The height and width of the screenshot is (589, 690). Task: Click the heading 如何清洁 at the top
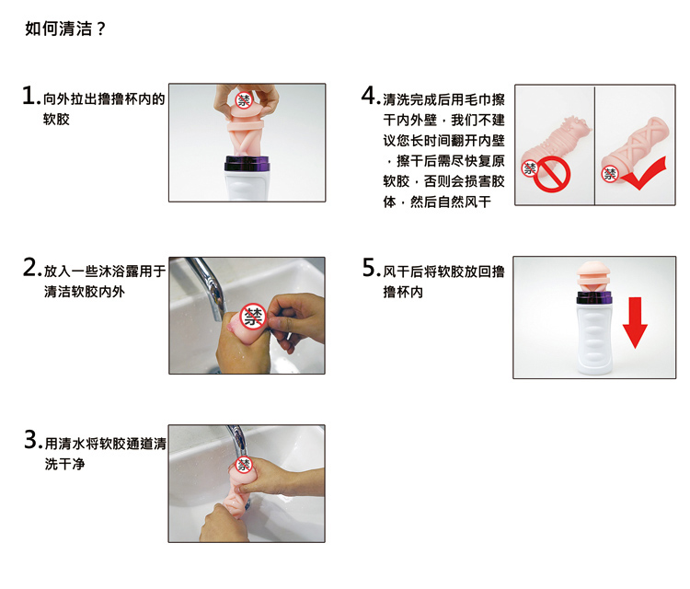[59, 29]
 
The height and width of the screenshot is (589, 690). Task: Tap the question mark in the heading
[101, 29]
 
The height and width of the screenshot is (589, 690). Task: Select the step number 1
[29, 96]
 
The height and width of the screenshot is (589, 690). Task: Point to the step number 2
[30, 267]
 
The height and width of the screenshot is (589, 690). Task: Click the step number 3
[31, 439]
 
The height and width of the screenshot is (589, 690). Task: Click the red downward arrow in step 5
[635, 323]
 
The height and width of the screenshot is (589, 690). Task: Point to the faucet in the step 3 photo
[238, 443]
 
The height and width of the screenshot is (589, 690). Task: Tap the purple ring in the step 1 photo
[247, 164]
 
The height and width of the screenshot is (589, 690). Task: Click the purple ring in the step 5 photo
[594, 298]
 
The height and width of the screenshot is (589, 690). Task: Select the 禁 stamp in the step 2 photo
[253, 317]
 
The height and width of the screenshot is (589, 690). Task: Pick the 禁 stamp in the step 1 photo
[244, 100]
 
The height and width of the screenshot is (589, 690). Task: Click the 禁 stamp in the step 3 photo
[244, 465]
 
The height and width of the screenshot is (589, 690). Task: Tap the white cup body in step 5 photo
[594, 339]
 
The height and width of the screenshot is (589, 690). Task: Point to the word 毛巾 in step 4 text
[477, 100]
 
